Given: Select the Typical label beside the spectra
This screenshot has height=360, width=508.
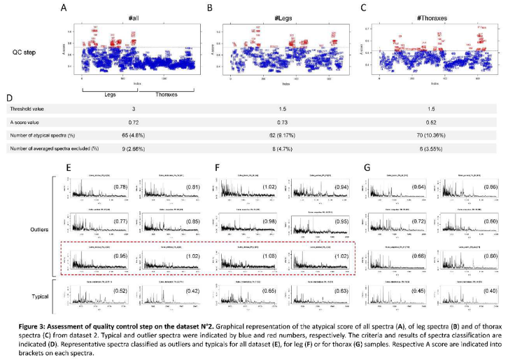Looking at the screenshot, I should pos(38,296).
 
